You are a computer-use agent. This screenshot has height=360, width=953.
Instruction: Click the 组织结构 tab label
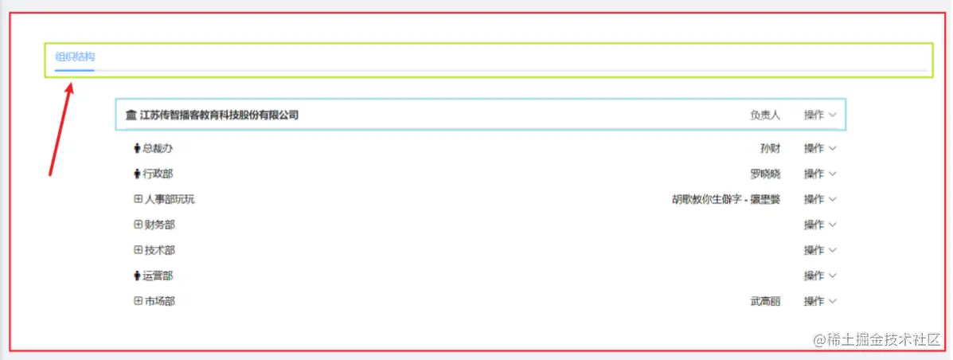tap(75, 57)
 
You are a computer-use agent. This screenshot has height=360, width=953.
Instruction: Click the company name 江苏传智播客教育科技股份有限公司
tap(219, 115)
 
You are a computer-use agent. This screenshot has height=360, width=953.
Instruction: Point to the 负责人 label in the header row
tap(764, 115)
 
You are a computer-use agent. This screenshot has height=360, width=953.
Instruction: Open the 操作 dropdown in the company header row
tap(820, 115)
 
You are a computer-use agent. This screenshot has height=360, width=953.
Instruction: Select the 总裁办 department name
tap(158, 148)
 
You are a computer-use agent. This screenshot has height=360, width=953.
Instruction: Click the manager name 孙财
tap(770, 148)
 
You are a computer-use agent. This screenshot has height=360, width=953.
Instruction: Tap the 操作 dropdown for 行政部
tap(820, 174)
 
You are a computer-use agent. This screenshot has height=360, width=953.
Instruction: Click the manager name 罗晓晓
tap(764, 174)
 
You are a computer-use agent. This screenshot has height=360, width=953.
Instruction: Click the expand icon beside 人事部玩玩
tap(138, 199)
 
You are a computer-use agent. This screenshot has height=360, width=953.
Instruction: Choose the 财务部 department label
tap(159, 225)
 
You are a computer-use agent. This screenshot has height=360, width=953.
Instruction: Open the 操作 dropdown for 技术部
tap(820, 250)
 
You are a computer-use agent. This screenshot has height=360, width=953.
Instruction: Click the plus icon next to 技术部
tap(138, 250)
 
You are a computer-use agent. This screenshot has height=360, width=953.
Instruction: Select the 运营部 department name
tap(158, 276)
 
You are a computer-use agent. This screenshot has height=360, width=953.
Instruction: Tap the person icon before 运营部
tap(137, 276)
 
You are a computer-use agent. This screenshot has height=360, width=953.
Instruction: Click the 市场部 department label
tap(159, 301)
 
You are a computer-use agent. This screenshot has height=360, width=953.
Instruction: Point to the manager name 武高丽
tap(764, 301)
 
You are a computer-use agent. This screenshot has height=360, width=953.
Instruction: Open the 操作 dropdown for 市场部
tap(820, 301)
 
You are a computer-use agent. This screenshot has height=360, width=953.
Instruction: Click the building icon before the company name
tap(131, 115)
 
